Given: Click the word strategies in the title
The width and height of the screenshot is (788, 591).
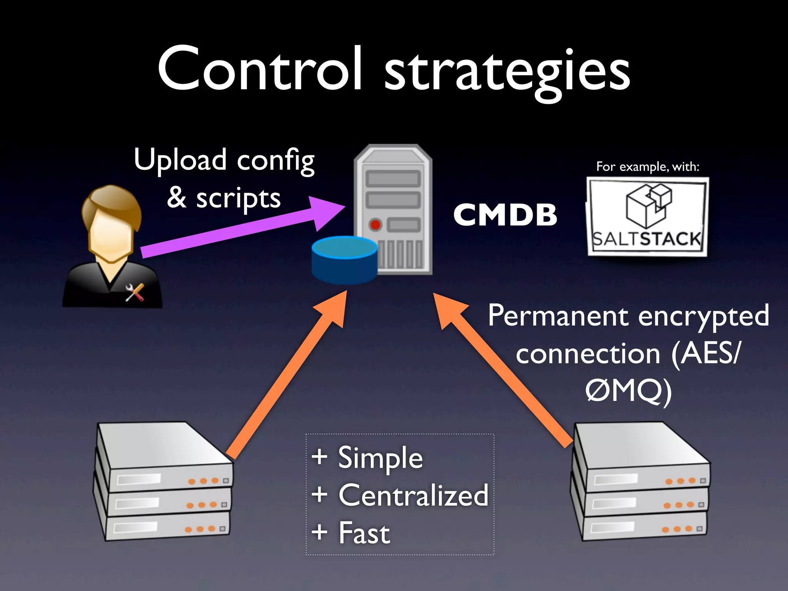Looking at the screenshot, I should coord(507,73).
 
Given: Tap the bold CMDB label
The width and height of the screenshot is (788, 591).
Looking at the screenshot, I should coord(505,214).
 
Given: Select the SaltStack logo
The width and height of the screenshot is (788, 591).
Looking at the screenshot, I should coord(647,216).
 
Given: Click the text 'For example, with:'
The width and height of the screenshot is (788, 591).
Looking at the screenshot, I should coord(648,167).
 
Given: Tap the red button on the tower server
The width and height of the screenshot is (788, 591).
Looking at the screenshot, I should coord(375,225).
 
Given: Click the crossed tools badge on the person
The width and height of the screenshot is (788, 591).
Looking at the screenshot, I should coord(135,292).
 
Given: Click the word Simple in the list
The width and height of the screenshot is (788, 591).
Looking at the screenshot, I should coord(380,458).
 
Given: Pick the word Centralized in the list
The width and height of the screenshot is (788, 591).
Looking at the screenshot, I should coord(413,496).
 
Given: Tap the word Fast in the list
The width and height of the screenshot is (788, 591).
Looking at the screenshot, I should coord(364,533).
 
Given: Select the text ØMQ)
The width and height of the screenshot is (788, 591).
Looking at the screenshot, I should coord(628,392).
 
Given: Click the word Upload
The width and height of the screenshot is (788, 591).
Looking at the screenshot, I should coord(180,160).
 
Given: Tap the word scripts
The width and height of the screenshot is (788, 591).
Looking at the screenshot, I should coord(238,199).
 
